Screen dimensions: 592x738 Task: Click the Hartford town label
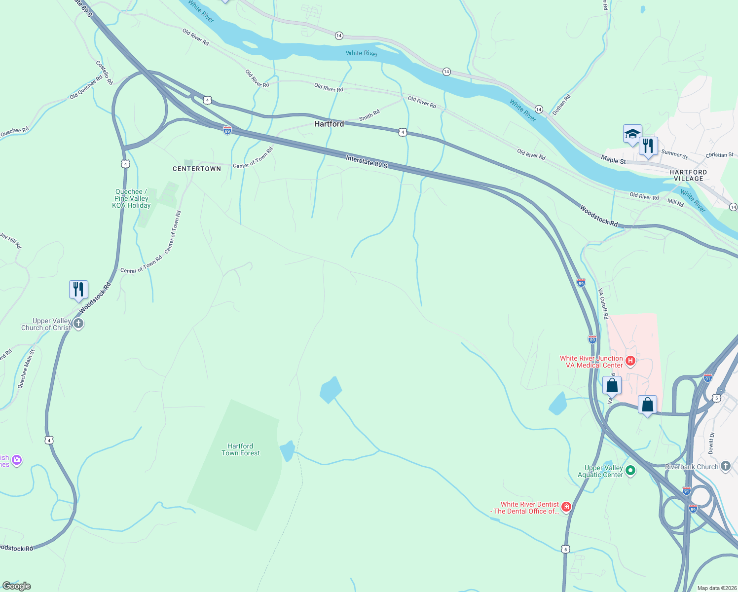(x=329, y=124)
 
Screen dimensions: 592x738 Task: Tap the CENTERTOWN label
(x=197, y=169)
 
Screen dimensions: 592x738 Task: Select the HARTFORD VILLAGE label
(x=688, y=176)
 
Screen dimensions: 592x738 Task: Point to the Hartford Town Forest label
(x=240, y=449)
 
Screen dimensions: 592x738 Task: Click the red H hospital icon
(x=630, y=361)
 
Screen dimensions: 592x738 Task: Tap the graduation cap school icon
(x=632, y=134)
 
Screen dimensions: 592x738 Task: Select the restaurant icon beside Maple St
(x=648, y=147)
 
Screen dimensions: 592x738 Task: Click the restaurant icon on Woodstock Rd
(x=78, y=290)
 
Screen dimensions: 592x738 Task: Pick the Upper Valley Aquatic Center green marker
(x=630, y=471)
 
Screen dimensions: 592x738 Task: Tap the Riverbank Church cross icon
(x=725, y=466)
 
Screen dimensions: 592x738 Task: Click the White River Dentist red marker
(x=566, y=507)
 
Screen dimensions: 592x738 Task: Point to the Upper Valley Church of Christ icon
(x=78, y=324)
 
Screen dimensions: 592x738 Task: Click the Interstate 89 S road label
(x=367, y=162)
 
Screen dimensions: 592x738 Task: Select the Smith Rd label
(x=369, y=115)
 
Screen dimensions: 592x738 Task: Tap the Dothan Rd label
(x=561, y=105)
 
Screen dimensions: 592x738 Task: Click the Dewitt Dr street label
(x=711, y=443)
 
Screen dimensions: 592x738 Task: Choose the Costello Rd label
(x=104, y=73)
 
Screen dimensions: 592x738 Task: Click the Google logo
(x=16, y=586)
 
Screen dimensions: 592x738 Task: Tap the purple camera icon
(x=17, y=460)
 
